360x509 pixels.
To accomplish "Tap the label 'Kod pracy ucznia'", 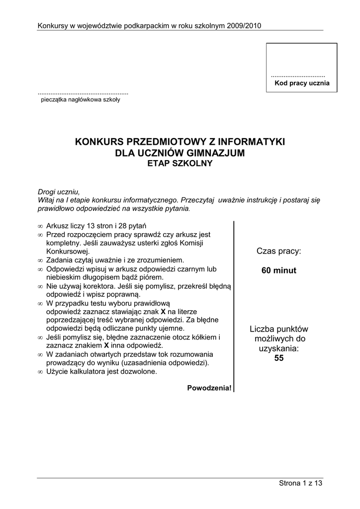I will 302,83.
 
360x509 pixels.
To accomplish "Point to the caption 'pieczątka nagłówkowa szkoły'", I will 81,99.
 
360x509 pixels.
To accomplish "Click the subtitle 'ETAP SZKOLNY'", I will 180,163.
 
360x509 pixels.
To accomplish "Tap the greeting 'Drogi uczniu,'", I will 59,191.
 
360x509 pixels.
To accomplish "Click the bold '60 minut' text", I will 279,271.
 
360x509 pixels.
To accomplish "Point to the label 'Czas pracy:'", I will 279,252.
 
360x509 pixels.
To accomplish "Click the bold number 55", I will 279,358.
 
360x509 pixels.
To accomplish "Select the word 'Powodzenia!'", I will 209,388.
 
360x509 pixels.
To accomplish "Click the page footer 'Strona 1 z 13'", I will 300,484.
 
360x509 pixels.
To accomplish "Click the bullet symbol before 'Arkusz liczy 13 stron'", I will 40,225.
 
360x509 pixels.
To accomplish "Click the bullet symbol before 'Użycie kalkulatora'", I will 40,372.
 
